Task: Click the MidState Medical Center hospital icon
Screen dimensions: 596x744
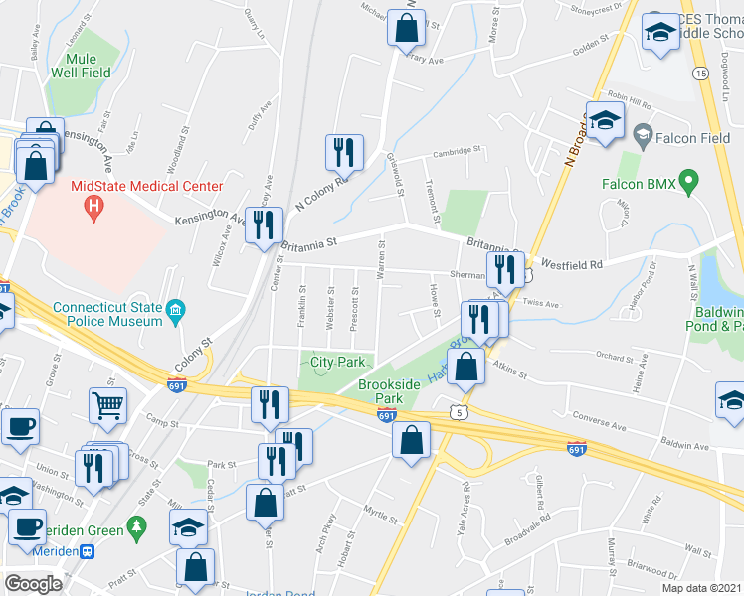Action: pyautogui.click(x=94, y=207)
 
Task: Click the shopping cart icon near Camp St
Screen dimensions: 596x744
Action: pyautogui.click(x=108, y=404)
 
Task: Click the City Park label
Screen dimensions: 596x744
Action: pyautogui.click(x=338, y=362)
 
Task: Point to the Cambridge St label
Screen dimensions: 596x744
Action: pyautogui.click(x=456, y=153)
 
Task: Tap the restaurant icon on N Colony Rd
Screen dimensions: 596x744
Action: pyautogui.click(x=339, y=152)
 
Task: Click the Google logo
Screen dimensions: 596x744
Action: pyautogui.click(x=34, y=583)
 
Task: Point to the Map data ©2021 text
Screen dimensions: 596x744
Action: pyautogui.click(x=701, y=588)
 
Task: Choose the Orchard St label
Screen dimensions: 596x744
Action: pyautogui.click(x=615, y=358)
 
